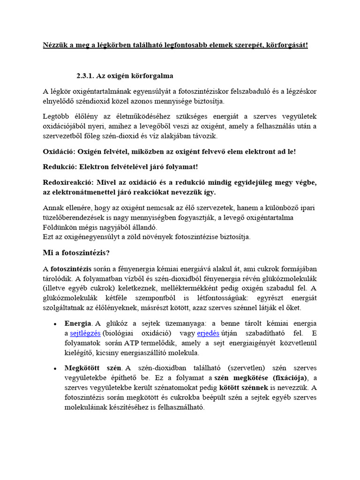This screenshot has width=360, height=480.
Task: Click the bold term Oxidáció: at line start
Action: tap(59, 152)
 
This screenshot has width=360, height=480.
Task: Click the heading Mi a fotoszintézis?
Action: tap(76, 253)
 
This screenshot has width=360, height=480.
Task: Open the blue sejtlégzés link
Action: tap(85, 333)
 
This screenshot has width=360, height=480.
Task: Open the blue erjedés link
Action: tap(208, 333)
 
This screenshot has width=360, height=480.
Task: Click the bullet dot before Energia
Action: tap(55, 324)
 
